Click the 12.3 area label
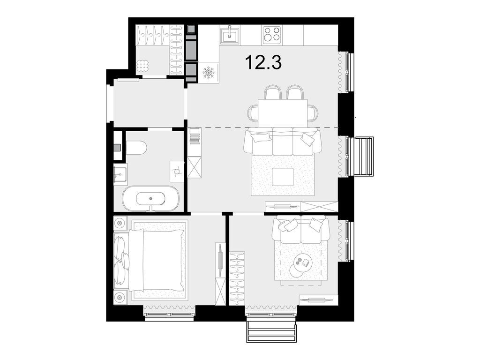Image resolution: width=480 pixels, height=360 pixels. click(x=263, y=62)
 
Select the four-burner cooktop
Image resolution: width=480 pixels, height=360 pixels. click(x=271, y=34)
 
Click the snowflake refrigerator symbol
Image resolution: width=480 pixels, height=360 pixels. click(x=209, y=73)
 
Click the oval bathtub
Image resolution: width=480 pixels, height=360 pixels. click(x=150, y=199)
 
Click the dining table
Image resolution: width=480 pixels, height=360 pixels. click(x=284, y=112)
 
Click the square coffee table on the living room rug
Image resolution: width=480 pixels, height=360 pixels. click(x=283, y=176)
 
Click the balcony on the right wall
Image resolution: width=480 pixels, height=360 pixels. click(x=363, y=156)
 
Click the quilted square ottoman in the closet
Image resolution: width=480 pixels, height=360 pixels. click(x=142, y=66)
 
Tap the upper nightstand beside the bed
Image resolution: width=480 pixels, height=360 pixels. click(x=120, y=223)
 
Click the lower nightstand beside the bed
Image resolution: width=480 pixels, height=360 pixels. click(x=120, y=297)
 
